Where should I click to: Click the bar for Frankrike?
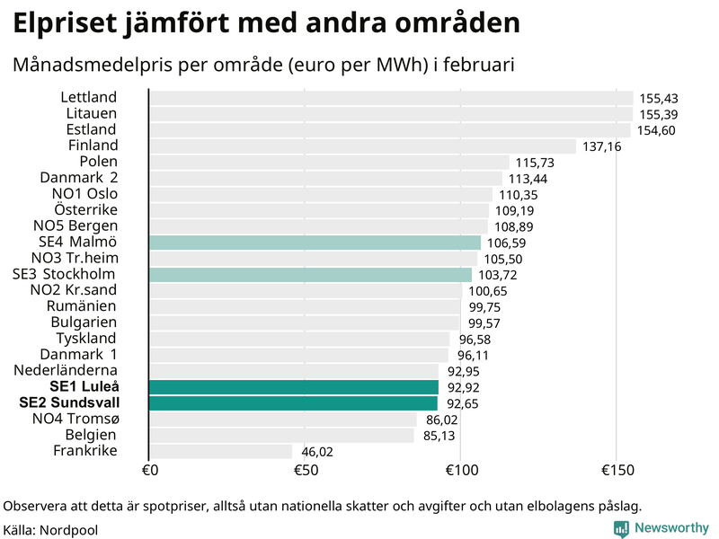pyautogui.click(x=220, y=451)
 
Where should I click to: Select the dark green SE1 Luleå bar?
pyautogui.click(x=293, y=387)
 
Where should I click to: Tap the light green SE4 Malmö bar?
pyautogui.click(x=315, y=243)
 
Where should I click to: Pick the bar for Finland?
pyautogui.click(x=361, y=146)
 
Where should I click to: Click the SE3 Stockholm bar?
pyautogui.click(x=309, y=275)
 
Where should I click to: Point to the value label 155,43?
pyautogui.click(x=657, y=99)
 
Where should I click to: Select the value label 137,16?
pyautogui.click(x=601, y=146)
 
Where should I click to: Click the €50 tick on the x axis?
pyautogui.click(x=306, y=471)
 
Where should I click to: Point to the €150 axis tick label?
pyautogui.click(x=616, y=471)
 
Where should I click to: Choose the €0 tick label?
pyautogui.click(x=150, y=471)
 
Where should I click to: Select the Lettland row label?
pyautogui.click(x=89, y=97)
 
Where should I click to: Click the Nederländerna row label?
pyautogui.click(x=65, y=370)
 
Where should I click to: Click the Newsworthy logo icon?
pyautogui.click(x=621, y=529)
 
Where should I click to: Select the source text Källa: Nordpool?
pyautogui.click(x=50, y=530)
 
